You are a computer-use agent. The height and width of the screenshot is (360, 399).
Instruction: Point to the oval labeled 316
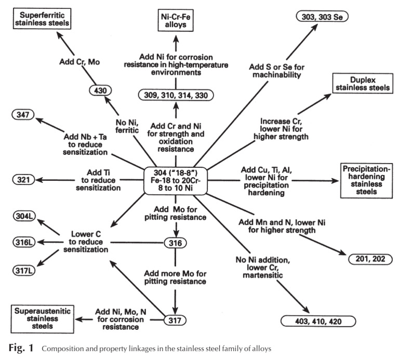[175, 243]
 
